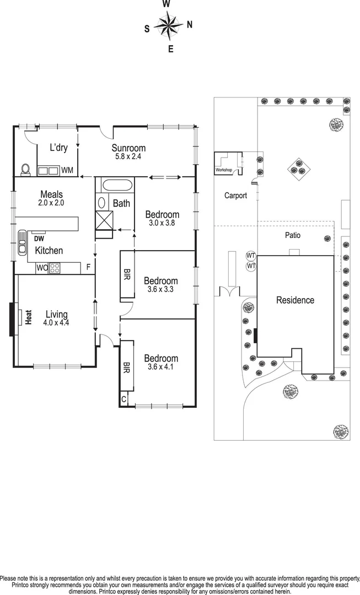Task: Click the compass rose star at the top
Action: [x=168, y=25]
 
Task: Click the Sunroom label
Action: [x=128, y=148]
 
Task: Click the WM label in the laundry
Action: [x=67, y=171]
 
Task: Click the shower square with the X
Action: [x=103, y=222]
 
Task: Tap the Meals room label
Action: [x=51, y=194]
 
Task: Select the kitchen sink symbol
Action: [x=23, y=243]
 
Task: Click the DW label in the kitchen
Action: [x=39, y=239]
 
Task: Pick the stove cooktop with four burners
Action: [x=56, y=268]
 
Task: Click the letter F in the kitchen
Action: [x=88, y=268]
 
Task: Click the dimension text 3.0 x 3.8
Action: [x=162, y=223]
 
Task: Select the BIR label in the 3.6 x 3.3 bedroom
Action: [x=127, y=274]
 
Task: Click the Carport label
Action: [x=235, y=196]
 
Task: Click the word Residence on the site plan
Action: [x=295, y=300]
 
